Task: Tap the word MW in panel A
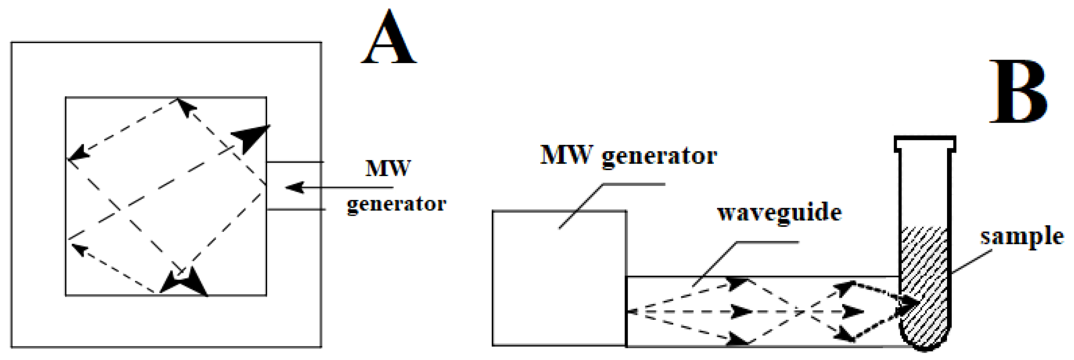coord(388,168)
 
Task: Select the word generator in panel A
coord(397,204)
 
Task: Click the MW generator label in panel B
coord(628,156)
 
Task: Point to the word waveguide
coord(779,212)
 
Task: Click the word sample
coord(1022,236)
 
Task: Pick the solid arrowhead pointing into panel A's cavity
coord(295,187)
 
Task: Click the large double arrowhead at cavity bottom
coord(185,281)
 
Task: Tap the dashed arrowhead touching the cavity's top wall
coord(185,106)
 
